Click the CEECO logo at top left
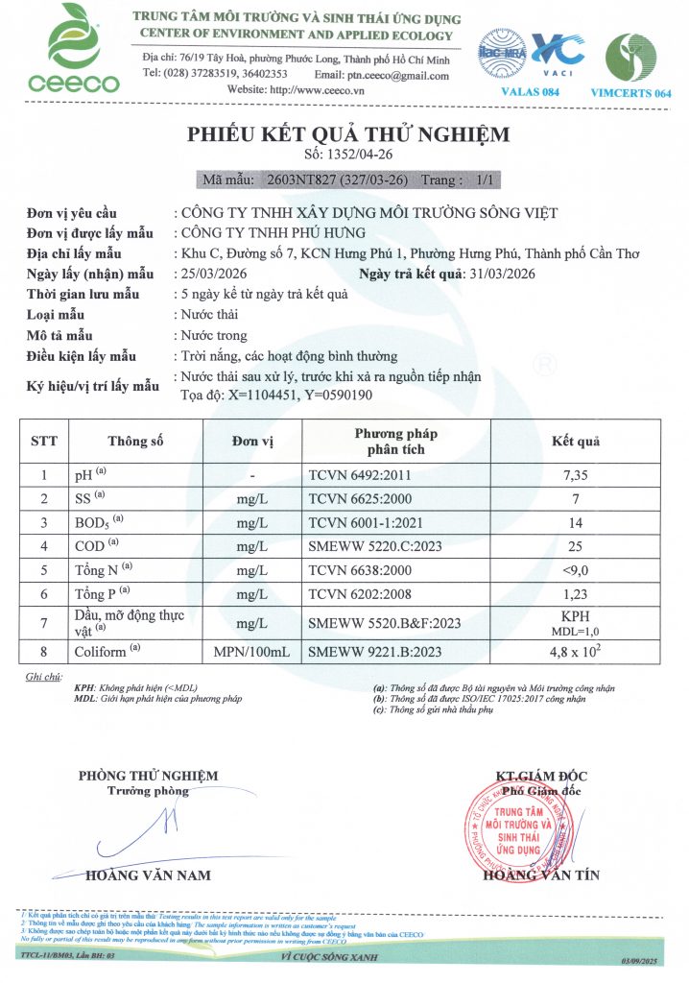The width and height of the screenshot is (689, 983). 65,48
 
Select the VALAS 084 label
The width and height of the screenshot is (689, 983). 529,91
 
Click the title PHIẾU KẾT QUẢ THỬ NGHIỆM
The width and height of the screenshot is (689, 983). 348,134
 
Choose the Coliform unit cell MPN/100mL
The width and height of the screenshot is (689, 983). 249,652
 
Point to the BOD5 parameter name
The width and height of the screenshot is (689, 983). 93,522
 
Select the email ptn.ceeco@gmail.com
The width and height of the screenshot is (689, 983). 396,73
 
